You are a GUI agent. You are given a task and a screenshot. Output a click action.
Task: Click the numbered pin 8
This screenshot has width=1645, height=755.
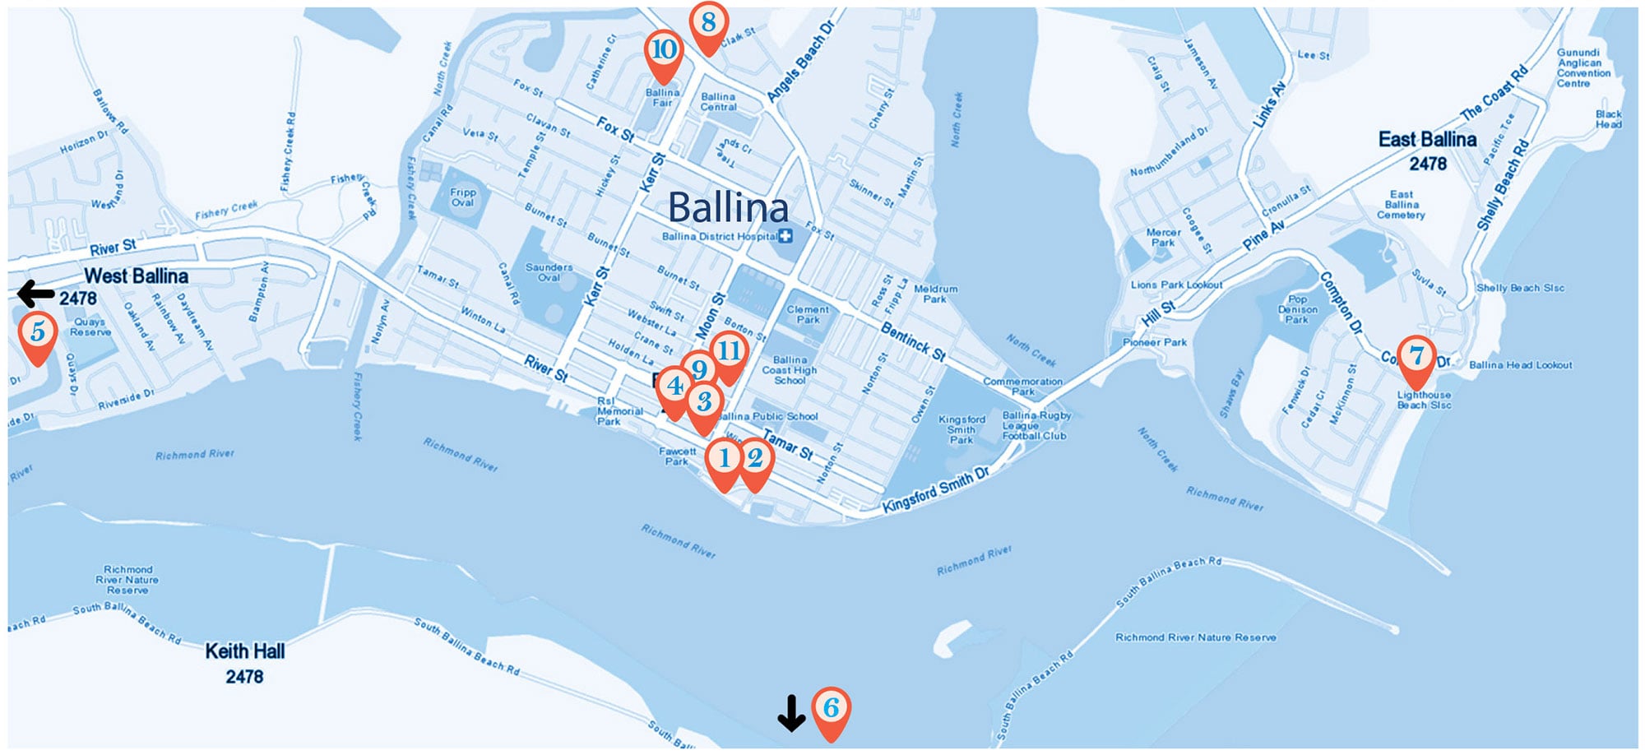point(708,23)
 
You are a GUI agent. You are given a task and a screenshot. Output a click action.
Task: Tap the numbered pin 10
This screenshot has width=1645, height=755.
point(663,51)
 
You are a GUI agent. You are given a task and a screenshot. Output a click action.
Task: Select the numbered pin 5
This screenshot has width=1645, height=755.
point(38,333)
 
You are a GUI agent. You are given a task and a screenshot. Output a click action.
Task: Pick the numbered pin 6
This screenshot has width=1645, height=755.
point(831,708)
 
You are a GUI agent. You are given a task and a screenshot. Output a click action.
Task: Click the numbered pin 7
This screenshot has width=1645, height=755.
point(1416,357)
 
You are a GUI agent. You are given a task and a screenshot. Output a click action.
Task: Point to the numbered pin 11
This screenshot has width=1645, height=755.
point(729,352)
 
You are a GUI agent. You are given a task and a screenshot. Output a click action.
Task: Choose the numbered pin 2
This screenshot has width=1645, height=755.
point(755,459)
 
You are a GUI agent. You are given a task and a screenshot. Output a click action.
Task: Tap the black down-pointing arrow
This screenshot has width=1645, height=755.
point(791,713)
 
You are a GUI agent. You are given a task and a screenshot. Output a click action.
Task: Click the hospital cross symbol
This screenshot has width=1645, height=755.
point(785,237)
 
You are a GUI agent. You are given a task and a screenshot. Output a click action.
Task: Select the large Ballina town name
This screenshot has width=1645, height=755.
point(728,207)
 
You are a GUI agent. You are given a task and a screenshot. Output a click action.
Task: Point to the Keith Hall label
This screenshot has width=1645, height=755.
point(245,663)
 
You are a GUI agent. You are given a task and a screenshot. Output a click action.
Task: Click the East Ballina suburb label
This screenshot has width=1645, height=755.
point(1427,151)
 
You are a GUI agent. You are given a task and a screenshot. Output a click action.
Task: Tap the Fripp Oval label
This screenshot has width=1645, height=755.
point(463,197)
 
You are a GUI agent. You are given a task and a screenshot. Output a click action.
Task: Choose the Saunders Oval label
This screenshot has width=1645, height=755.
point(549,272)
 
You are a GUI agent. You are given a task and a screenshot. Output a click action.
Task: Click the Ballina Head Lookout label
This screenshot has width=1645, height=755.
point(1520,365)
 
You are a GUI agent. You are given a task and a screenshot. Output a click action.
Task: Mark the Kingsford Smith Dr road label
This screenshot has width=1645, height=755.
point(935,490)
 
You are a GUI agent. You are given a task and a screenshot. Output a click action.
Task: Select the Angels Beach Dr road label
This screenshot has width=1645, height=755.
point(800,63)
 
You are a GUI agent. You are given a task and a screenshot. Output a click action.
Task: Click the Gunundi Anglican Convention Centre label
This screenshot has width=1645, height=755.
point(1583,67)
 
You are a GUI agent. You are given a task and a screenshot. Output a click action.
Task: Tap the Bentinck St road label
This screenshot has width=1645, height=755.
point(913,341)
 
